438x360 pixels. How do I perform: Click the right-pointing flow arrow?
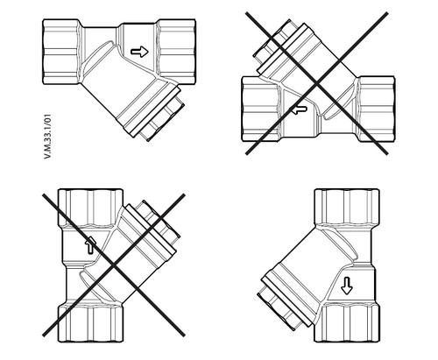point(139,52)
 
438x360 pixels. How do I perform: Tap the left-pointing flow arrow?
point(298,109)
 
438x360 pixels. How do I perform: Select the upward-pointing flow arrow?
point(90,245)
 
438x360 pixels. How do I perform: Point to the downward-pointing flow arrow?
point(347,286)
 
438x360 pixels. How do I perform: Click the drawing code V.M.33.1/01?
point(47,137)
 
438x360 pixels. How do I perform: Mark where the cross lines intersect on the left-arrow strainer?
point(317,84)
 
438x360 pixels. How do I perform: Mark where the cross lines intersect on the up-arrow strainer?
point(114,265)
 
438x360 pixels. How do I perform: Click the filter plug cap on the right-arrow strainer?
point(161,120)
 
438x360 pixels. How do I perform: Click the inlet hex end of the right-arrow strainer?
point(61,52)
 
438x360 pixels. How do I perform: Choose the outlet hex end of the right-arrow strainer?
point(176,52)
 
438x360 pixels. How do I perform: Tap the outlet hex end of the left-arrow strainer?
point(260,109)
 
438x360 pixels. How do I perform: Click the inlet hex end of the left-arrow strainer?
point(377,109)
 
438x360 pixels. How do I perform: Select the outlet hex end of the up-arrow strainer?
point(91,208)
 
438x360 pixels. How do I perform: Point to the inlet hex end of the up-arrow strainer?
point(91,323)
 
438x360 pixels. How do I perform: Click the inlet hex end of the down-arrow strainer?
point(347,208)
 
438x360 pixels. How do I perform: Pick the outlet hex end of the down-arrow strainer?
point(347,323)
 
